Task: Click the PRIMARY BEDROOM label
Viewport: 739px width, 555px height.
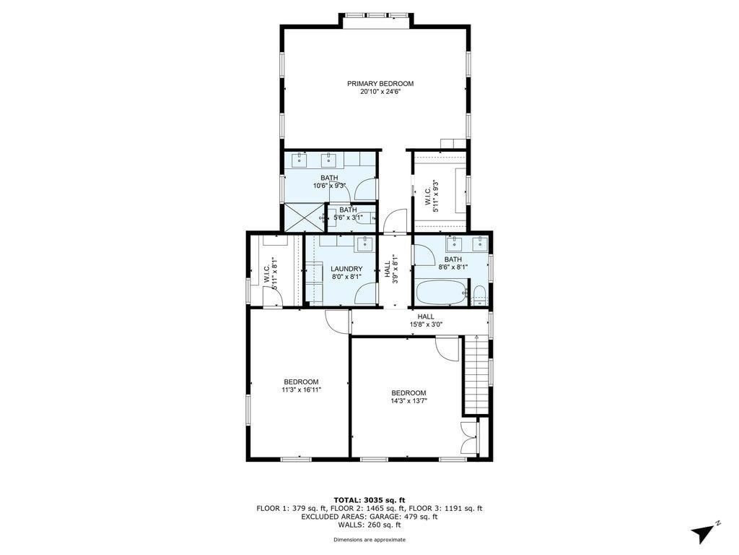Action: click(380, 84)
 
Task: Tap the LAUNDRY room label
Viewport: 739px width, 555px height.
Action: click(346, 269)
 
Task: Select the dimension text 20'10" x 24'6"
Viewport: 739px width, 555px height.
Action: click(380, 92)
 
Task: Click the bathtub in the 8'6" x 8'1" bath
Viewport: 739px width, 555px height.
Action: click(441, 293)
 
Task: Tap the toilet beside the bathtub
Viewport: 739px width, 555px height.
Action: click(480, 295)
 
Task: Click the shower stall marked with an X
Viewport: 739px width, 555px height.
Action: click(305, 218)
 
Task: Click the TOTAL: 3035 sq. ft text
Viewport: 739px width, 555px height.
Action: click(369, 500)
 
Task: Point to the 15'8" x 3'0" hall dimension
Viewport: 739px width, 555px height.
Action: click(426, 324)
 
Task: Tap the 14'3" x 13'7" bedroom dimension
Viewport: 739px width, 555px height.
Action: click(408, 401)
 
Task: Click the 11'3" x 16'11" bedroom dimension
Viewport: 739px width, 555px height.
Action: click(302, 390)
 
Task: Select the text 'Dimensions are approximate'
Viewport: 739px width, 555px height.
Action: click(369, 539)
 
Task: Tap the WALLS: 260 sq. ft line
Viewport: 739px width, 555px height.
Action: click(369, 525)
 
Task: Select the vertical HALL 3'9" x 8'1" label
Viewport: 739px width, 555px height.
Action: click(392, 269)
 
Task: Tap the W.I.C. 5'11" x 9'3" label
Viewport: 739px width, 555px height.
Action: click(432, 197)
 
